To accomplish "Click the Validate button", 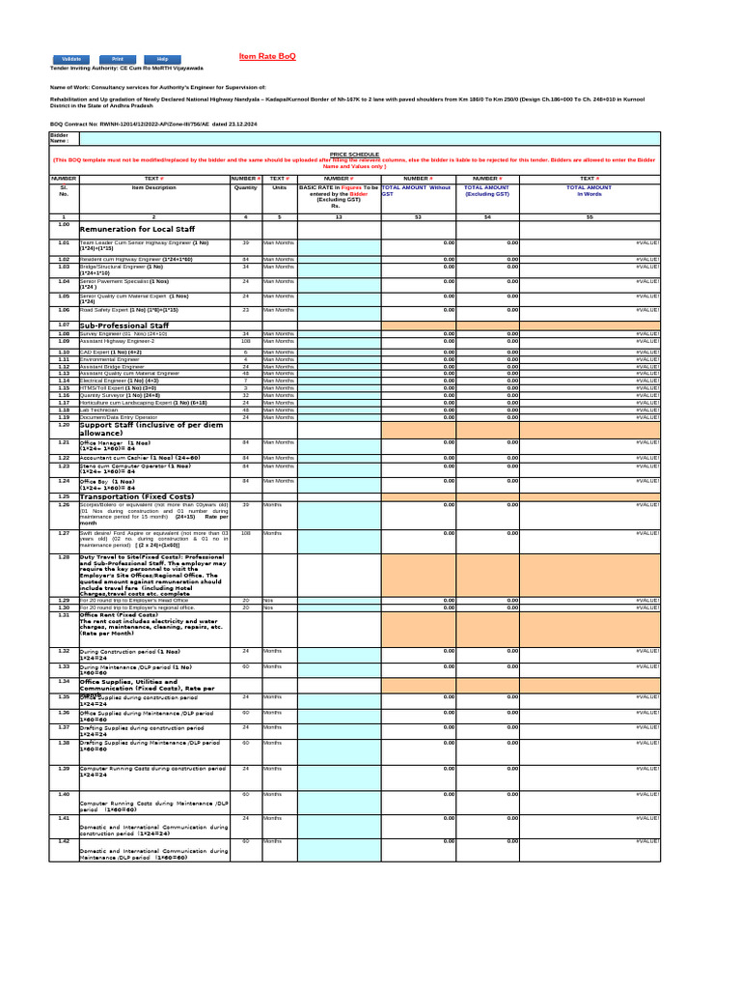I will click(x=70, y=59).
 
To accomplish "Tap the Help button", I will click(x=162, y=59).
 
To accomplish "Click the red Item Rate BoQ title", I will click(x=267, y=57).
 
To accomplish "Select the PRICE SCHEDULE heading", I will click(x=354, y=154).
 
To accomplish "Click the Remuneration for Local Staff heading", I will click(x=137, y=229).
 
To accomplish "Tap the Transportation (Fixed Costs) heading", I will click(x=131, y=496).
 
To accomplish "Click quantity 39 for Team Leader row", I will click(x=245, y=242).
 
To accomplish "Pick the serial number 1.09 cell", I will click(x=63, y=341).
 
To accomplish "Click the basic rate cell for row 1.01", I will click(x=339, y=246).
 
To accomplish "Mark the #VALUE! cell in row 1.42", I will click(x=647, y=841).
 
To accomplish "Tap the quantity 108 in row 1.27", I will click(x=245, y=532).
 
